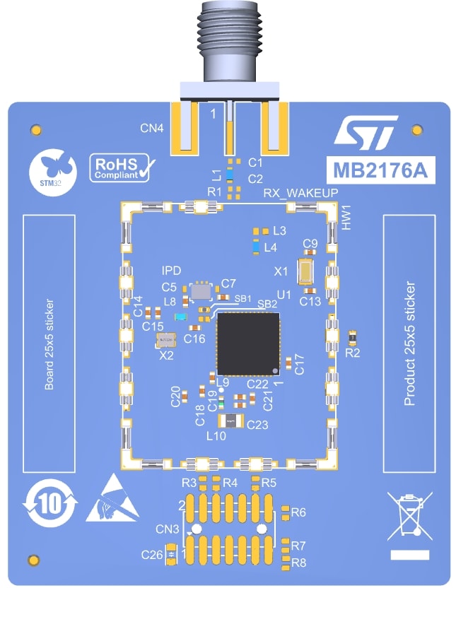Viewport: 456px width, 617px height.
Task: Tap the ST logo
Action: pos(361,134)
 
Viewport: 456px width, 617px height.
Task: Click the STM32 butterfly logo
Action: pos(52,170)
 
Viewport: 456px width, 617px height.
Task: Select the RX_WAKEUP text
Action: pos(300,194)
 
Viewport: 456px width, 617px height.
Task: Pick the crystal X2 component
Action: pos(166,341)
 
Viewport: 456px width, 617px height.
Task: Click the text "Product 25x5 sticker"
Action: pos(409,344)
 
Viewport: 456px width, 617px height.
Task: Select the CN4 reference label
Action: pos(152,129)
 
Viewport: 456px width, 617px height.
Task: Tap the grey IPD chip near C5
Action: pos(201,290)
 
